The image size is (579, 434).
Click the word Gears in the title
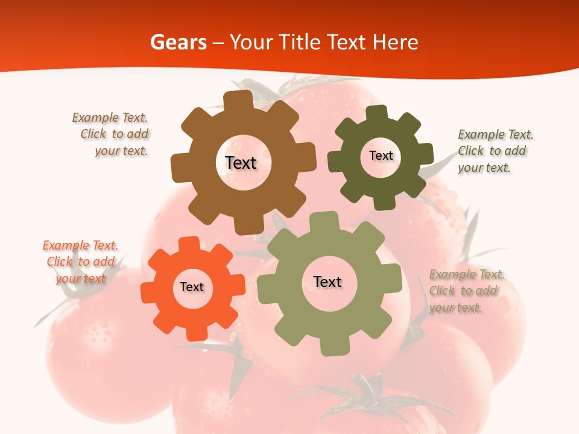tap(179, 42)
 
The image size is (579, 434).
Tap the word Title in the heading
tap(301, 42)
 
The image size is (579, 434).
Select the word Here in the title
tap(395, 42)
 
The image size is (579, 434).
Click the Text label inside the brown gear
tap(241, 163)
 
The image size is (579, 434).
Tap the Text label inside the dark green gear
tap(381, 156)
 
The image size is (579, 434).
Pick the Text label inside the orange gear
tap(191, 287)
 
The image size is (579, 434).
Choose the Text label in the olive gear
tap(327, 281)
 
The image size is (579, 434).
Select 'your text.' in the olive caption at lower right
tap(456, 307)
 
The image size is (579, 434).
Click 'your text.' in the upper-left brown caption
tap(121, 151)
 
